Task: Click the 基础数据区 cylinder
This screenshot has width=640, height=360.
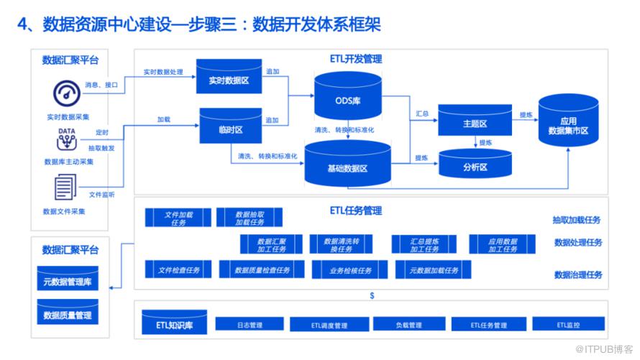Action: (x=347, y=167)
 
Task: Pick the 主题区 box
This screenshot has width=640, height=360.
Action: (x=475, y=122)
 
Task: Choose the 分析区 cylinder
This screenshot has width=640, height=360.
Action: (x=475, y=166)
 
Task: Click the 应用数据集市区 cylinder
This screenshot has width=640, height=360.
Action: (x=568, y=124)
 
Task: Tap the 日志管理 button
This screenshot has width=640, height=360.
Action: (x=250, y=325)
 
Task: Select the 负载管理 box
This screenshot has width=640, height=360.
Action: (x=408, y=325)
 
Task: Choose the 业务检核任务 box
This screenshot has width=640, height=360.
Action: (x=350, y=270)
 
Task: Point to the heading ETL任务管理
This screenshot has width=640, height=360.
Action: (x=355, y=211)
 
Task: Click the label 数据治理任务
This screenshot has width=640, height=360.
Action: (x=577, y=274)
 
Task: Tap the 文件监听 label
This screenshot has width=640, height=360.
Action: (x=101, y=195)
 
